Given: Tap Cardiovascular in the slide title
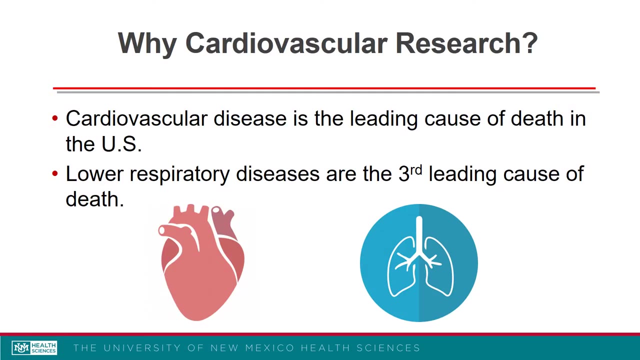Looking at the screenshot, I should click(x=286, y=43).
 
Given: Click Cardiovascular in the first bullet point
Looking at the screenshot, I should click(x=136, y=118).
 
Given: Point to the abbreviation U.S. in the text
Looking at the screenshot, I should click(x=121, y=144).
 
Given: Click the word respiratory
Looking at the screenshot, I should click(x=179, y=174).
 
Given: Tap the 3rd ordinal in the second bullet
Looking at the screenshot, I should click(x=410, y=173).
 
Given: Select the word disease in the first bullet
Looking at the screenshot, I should click(x=250, y=118).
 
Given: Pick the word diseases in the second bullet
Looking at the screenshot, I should click(x=277, y=173).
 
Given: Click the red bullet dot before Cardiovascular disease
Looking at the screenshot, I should click(x=55, y=119).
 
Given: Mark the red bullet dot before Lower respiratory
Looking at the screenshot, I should click(x=55, y=174).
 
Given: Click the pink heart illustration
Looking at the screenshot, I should click(x=201, y=262).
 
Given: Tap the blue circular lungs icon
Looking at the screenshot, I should click(x=419, y=262).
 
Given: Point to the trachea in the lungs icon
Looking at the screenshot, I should click(x=419, y=235).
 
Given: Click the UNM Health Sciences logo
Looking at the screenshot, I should click(x=34, y=347).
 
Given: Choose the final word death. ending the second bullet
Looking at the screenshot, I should click(x=94, y=199).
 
